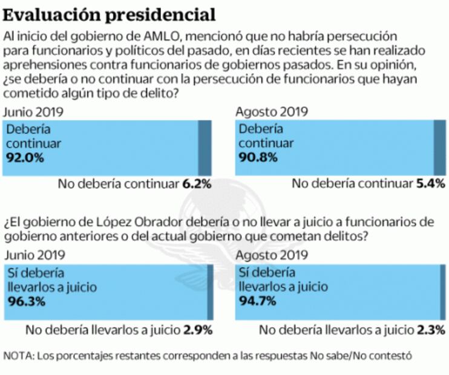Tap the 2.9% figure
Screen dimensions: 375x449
click(x=197, y=330)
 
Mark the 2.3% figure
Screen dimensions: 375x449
click(x=431, y=330)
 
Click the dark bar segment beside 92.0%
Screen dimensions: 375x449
click(x=205, y=148)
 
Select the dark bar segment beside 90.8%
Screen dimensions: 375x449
click(x=439, y=148)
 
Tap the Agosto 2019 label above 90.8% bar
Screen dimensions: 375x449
click(x=271, y=112)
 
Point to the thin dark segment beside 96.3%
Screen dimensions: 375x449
click(x=210, y=292)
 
